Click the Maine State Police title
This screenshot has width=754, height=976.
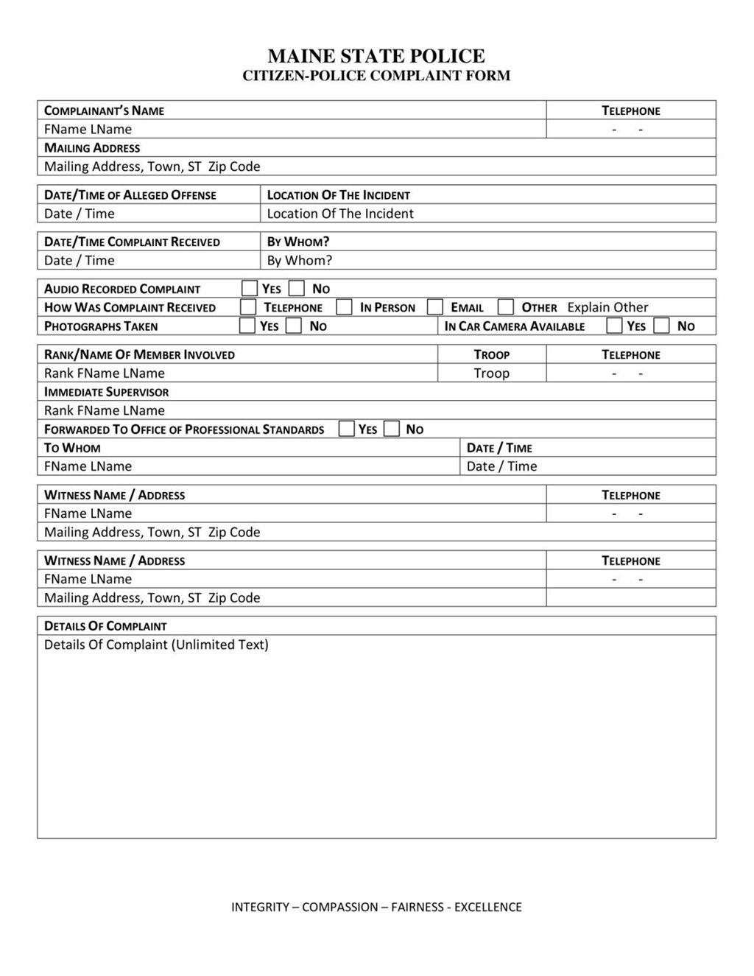tap(376, 56)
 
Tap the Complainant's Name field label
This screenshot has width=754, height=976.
tap(104, 110)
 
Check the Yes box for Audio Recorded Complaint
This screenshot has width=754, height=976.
tap(250, 289)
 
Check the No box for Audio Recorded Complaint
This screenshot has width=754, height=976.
tap(297, 289)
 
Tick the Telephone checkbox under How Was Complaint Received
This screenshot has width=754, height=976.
tap(248, 307)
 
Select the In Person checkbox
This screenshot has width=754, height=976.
tap(344, 307)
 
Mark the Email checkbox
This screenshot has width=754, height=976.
tap(435, 307)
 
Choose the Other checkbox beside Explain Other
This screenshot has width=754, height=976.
tap(505, 307)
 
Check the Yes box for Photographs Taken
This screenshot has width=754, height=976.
tap(247, 326)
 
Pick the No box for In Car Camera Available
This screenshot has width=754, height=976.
tap(662, 326)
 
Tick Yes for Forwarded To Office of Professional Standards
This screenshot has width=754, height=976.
tap(346, 429)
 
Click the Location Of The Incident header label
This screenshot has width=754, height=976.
tap(338, 195)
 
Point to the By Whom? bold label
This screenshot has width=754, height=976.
tap(297, 242)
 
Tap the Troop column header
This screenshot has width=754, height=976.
tap(491, 354)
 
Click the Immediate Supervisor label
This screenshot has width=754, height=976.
tap(106, 392)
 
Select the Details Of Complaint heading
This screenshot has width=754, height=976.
tap(105, 626)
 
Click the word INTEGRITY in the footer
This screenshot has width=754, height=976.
tap(260, 907)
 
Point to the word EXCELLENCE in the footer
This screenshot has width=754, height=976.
tap(487, 907)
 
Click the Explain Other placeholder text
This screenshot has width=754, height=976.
tap(607, 307)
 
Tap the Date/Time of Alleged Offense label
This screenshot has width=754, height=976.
tap(130, 195)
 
